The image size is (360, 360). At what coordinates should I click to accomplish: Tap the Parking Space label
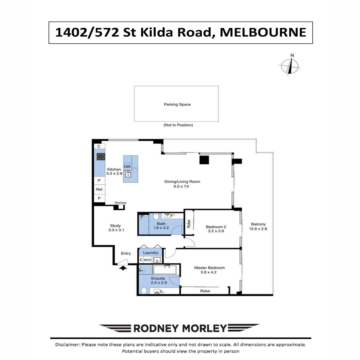click(177, 104)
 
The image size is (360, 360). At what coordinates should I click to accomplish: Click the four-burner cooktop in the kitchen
click(101, 157)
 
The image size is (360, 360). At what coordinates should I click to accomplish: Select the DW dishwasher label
click(127, 166)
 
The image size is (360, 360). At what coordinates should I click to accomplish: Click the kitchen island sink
click(128, 174)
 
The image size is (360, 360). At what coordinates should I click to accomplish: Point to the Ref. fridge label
click(100, 189)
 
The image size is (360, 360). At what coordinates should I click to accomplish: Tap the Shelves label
click(120, 203)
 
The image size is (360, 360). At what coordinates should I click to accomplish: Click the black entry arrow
click(123, 268)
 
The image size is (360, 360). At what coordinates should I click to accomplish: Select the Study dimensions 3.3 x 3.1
click(116, 230)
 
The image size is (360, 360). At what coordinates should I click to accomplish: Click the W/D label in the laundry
click(147, 260)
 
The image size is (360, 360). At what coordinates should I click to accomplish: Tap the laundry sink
click(157, 260)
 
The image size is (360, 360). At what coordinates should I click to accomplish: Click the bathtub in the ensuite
click(165, 270)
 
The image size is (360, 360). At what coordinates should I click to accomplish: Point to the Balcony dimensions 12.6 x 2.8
click(258, 229)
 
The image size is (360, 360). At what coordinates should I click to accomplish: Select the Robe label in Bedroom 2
click(189, 224)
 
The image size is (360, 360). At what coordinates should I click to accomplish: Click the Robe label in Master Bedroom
click(205, 291)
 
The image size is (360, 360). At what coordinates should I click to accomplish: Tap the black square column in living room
click(204, 160)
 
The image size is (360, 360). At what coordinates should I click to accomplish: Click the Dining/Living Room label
click(182, 181)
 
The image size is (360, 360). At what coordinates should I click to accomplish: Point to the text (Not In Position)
click(178, 125)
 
